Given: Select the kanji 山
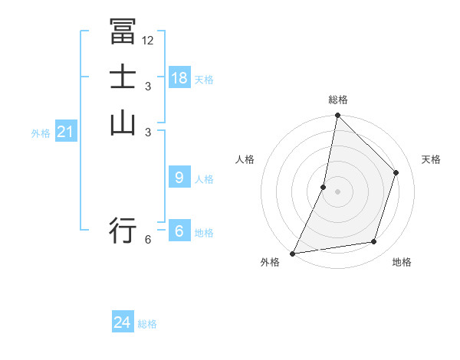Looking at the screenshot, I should (123, 122).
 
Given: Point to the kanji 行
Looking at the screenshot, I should (123, 229).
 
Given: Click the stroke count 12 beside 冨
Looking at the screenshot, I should (148, 41).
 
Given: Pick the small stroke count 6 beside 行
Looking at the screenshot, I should (148, 240).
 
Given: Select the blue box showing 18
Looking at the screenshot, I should (179, 77).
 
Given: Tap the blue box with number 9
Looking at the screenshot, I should (179, 178).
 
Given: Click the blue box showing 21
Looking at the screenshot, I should (66, 132).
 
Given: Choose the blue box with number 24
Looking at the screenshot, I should (123, 322).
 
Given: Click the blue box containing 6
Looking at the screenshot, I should (179, 231).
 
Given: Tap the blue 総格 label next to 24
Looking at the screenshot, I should (147, 324).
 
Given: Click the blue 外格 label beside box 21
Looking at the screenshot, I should (41, 133).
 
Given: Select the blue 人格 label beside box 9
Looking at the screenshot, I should (204, 179).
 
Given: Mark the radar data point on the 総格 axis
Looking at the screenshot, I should (337, 116).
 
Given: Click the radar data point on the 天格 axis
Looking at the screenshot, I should (396, 172).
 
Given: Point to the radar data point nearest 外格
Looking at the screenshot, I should (293, 253).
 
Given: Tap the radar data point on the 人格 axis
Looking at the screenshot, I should (324, 187).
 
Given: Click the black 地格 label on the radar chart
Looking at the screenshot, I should (402, 263).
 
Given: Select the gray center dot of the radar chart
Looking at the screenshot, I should (337, 191).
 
